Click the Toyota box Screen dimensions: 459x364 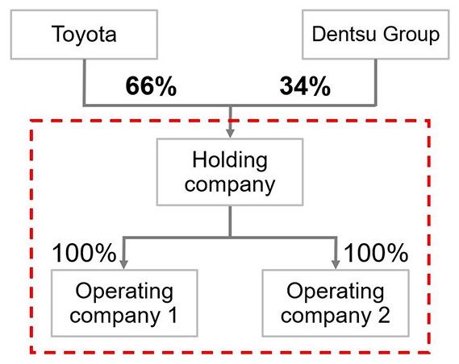(x=84, y=35)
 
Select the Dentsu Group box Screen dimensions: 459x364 (x=376, y=35)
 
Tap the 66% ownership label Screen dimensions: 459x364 (x=151, y=86)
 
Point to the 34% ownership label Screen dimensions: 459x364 (x=305, y=86)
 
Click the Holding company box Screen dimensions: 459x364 (x=230, y=172)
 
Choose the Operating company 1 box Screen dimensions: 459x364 (x=124, y=303)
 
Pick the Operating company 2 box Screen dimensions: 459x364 (x=336, y=303)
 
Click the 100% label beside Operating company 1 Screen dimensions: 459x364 (x=84, y=253)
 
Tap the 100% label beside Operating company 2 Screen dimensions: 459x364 (x=376, y=253)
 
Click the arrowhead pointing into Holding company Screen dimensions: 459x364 (x=231, y=133)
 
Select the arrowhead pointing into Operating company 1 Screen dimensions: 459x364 (x=123, y=264)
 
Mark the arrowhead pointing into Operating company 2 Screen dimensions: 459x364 (x=336, y=264)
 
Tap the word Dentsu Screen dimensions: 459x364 (x=344, y=34)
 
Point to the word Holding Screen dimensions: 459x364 (x=230, y=162)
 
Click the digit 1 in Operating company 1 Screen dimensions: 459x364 (x=173, y=315)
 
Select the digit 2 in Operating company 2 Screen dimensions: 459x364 (x=384, y=315)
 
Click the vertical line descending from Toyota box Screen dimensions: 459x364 (x=85, y=82)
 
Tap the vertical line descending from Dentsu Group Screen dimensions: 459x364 (x=375, y=82)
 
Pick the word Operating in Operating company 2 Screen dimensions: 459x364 (x=336, y=292)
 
